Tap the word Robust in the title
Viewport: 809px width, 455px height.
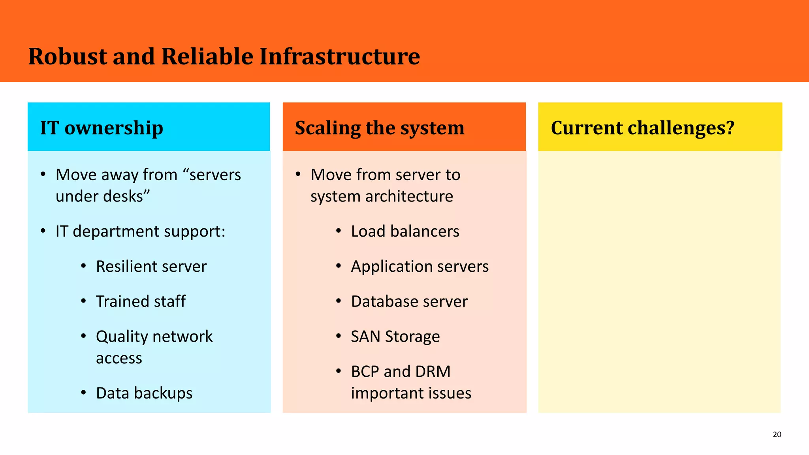click(68, 56)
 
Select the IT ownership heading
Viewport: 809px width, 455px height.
click(102, 128)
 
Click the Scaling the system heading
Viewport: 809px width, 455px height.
click(379, 128)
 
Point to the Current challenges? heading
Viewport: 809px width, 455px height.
click(642, 128)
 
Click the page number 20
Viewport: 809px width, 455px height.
click(777, 434)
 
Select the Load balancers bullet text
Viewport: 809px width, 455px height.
click(405, 231)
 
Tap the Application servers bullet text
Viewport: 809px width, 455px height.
click(420, 267)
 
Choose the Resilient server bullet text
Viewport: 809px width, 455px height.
click(151, 267)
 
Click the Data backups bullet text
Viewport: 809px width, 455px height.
click(144, 393)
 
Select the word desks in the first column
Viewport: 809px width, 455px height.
click(127, 196)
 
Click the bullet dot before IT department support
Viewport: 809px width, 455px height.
click(43, 231)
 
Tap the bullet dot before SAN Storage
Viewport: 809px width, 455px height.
click(339, 336)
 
